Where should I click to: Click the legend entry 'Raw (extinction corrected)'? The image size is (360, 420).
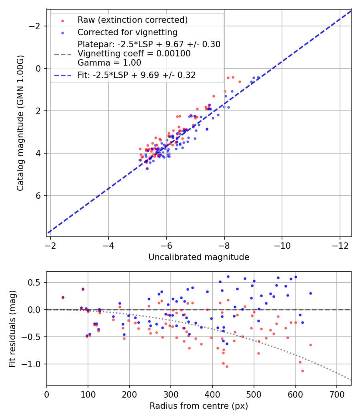[132, 20]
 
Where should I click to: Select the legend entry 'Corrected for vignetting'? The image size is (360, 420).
[127, 32]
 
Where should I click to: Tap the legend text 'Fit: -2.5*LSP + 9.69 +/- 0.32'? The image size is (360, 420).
[136, 75]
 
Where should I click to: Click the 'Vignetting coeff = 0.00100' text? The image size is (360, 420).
[134, 54]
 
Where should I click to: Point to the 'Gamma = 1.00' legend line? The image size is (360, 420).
[109, 63]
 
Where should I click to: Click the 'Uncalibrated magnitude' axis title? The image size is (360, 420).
[199, 257]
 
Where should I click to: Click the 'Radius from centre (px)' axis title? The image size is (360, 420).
[199, 406]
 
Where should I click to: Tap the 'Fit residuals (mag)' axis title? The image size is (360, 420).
[12, 328]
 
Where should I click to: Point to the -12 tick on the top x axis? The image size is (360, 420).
[340, 244]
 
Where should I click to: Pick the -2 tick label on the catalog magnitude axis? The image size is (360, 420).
[36, 26]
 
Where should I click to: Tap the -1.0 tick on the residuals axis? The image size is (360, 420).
[34, 364]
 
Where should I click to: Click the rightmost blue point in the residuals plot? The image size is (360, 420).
[310, 293]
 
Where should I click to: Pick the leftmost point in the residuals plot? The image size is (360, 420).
[63, 297]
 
